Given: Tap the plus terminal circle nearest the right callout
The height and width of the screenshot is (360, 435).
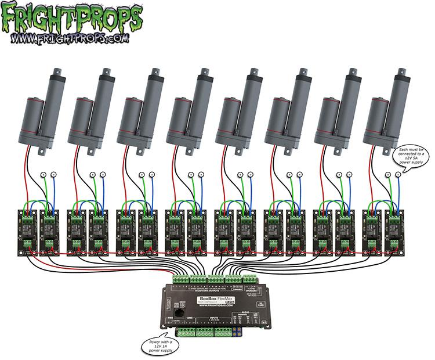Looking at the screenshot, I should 389,174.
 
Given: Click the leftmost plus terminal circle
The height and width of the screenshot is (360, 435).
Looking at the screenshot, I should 44,174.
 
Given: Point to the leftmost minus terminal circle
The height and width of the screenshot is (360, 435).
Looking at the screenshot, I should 54,174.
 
